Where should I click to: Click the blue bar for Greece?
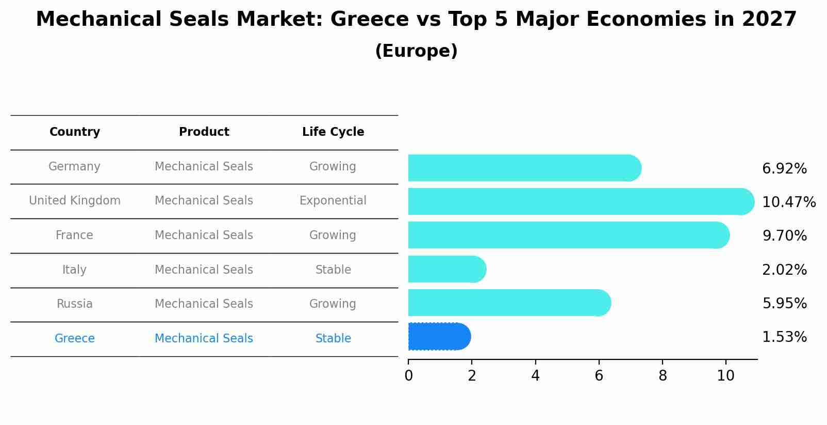point(439,337)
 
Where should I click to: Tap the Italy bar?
point(446,269)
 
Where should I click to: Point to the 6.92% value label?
point(784,169)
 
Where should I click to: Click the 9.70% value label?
point(784,236)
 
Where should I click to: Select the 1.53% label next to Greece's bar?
point(784,337)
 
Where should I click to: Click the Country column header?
point(75,132)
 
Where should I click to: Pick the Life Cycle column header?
point(333,132)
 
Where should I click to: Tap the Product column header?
point(204,132)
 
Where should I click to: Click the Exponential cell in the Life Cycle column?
point(333,201)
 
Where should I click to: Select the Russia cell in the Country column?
point(75,304)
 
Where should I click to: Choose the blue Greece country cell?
point(75,339)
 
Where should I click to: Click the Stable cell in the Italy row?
point(333,270)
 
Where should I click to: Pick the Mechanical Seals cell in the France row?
point(204,235)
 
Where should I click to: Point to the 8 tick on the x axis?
point(663,376)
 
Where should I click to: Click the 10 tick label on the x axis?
point(725,376)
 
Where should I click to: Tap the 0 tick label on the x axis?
point(408,376)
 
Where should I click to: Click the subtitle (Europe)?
point(416,51)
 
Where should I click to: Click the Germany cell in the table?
point(75,167)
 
